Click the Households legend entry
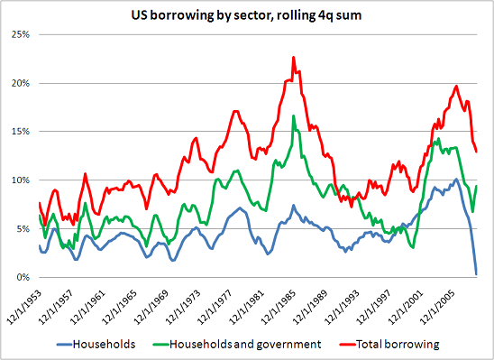pos(99,344)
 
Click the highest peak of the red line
pos(293,57)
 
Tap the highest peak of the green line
pos(293,115)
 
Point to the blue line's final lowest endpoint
pos(476,273)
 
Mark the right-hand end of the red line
pos(476,152)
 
